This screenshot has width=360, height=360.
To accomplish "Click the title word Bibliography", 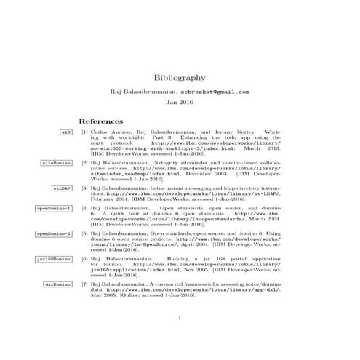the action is (x=180, y=76).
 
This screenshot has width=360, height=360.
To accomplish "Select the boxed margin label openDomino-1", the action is (x=54, y=209).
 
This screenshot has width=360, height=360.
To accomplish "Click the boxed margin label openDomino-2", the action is (x=54, y=233).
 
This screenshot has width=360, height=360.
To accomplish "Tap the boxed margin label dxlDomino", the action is (x=57, y=283).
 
